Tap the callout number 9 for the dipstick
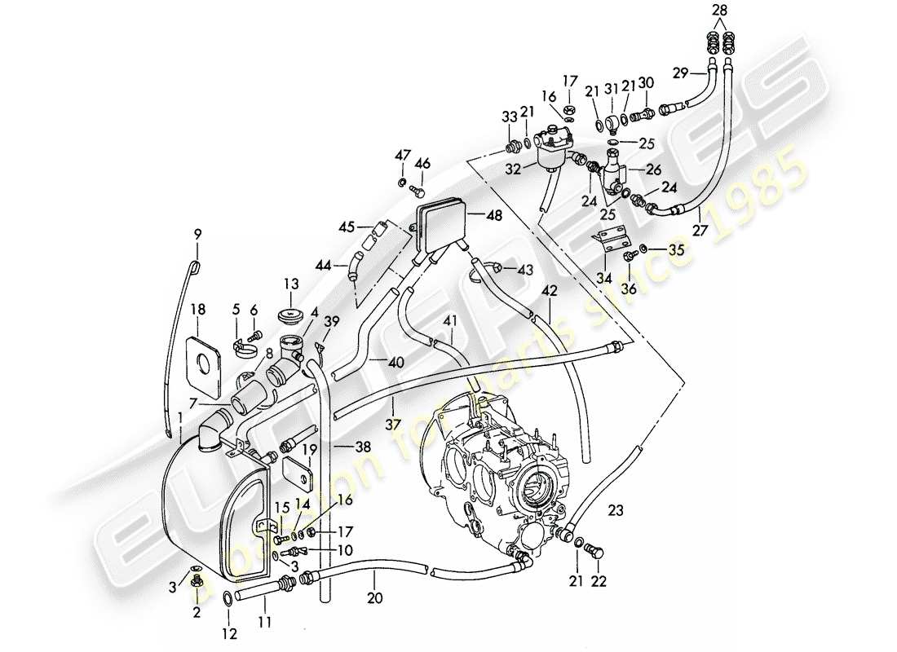click(x=196, y=235)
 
